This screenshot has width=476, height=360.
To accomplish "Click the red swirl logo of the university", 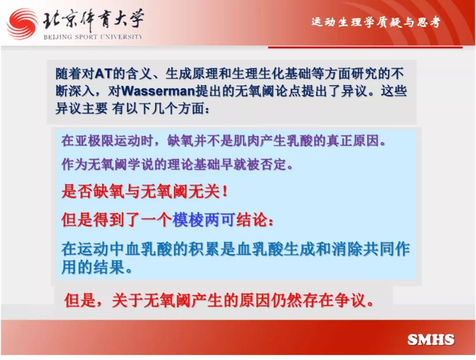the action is click(x=22, y=24).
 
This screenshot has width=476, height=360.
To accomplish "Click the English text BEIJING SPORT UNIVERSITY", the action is click(x=93, y=37).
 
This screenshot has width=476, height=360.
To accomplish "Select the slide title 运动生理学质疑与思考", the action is click(x=376, y=22).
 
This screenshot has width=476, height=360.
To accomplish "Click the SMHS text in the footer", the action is click(x=431, y=340).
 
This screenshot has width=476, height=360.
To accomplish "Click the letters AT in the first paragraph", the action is click(x=104, y=74).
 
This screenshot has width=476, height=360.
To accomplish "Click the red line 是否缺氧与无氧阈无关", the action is click(x=144, y=192).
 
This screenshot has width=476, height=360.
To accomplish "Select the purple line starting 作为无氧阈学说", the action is click(x=177, y=164).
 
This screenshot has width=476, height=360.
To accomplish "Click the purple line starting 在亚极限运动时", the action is click(x=223, y=141).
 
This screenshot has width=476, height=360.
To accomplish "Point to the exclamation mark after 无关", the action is click(x=225, y=192).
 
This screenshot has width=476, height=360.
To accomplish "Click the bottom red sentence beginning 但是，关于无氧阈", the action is click(x=219, y=301).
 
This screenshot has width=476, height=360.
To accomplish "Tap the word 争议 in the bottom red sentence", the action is click(x=350, y=301).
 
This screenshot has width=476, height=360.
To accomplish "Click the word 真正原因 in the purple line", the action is click(x=352, y=141).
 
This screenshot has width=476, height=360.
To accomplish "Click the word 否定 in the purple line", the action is click(x=273, y=164).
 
